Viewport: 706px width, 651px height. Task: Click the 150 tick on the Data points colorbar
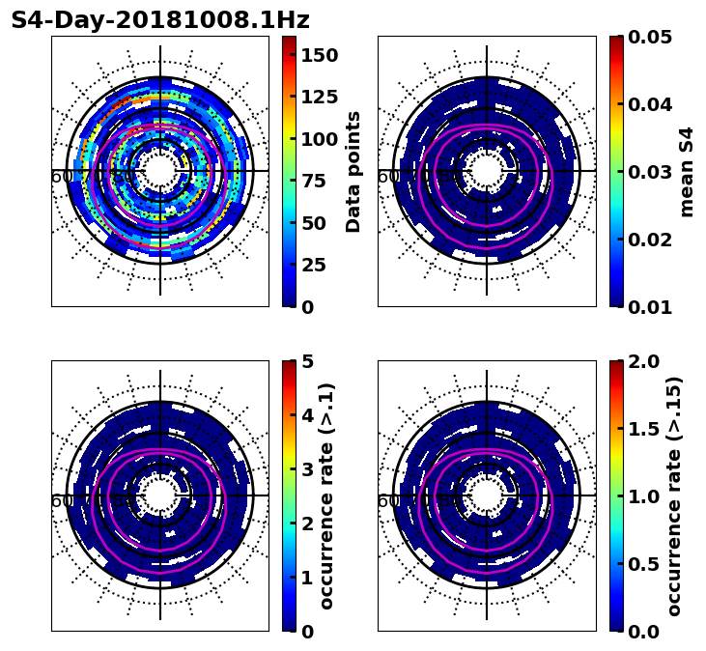pyautogui.click(x=318, y=55)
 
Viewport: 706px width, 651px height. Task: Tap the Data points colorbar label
pyautogui.click(x=353, y=171)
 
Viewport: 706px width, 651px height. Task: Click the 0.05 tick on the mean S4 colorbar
pyautogui.click(x=651, y=37)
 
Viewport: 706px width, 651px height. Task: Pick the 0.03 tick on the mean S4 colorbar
pyautogui.click(x=651, y=172)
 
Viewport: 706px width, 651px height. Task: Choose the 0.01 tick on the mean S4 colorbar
pyautogui.click(x=651, y=306)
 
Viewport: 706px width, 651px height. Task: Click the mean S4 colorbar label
pyautogui.click(x=687, y=171)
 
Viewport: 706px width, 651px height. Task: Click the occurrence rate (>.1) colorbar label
pyautogui.click(x=326, y=495)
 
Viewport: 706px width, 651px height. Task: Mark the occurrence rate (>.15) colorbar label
pyautogui.click(x=674, y=495)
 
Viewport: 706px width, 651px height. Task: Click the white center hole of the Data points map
pyautogui.click(x=160, y=171)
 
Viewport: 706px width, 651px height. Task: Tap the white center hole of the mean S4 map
pyautogui.click(x=487, y=171)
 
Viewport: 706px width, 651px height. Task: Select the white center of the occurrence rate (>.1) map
pyautogui.click(x=160, y=495)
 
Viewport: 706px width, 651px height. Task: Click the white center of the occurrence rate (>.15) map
pyautogui.click(x=487, y=495)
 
